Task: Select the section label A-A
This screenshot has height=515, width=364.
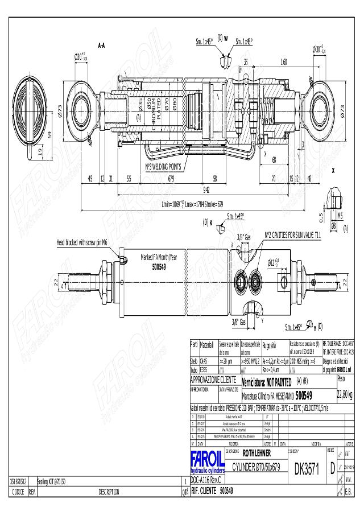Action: click(x=102, y=45)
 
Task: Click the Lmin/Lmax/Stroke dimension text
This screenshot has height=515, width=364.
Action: click(x=192, y=203)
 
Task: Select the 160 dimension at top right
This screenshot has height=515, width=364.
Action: click(x=283, y=61)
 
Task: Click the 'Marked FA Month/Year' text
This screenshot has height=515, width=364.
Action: click(x=159, y=258)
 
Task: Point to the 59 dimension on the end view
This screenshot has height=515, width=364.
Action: click(x=49, y=135)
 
